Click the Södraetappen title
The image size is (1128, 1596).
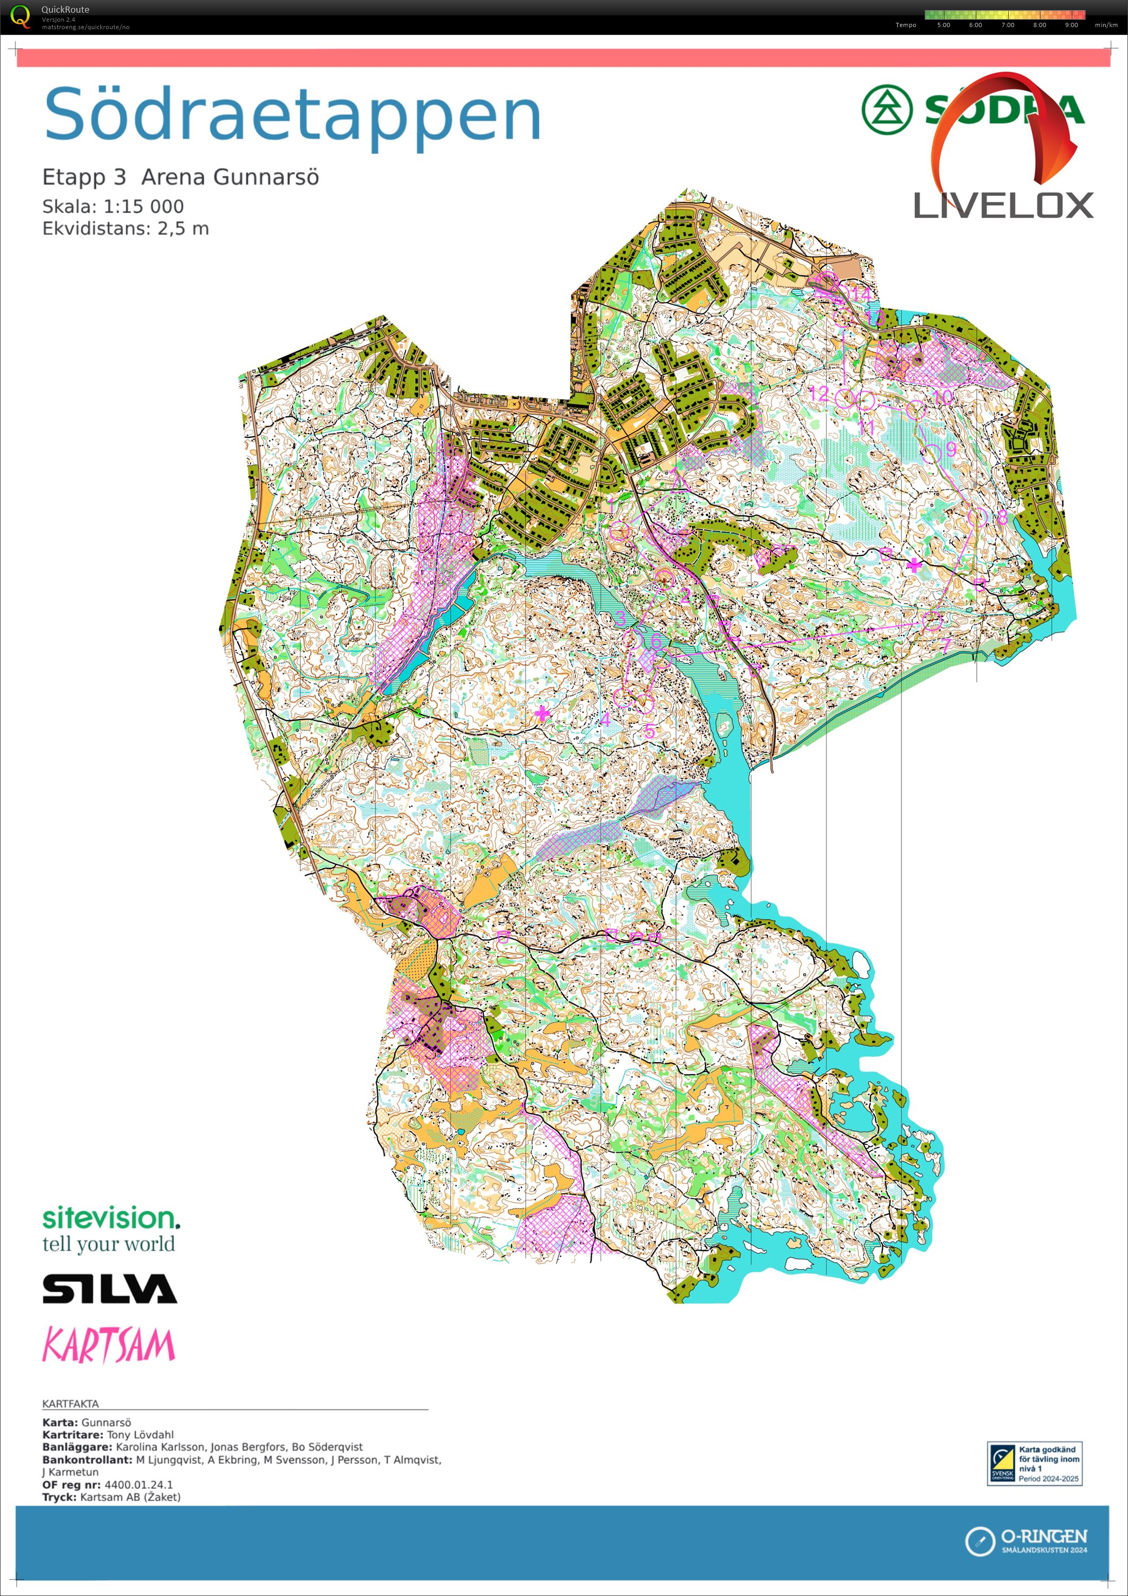pyautogui.click(x=292, y=115)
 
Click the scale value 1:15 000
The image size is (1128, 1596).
pyautogui.click(x=143, y=206)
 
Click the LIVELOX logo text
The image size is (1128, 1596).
pyautogui.click(x=1002, y=206)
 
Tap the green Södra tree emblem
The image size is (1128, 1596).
pyautogui.click(x=886, y=109)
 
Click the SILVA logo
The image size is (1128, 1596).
pyautogui.click(x=110, y=1288)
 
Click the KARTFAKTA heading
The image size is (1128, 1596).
pyautogui.click(x=70, y=1403)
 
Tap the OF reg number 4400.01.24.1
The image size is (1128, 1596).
pyautogui.click(x=138, y=1485)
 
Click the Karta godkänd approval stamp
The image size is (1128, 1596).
pyautogui.click(x=1034, y=1463)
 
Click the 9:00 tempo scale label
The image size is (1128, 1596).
pyautogui.click(x=1071, y=25)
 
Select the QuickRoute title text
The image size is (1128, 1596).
pyautogui.click(x=65, y=9)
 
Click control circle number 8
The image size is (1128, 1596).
pyautogui.click(x=977, y=516)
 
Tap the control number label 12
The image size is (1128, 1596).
pyautogui.click(x=819, y=394)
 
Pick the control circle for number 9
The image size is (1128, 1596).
pyautogui.click(x=931, y=453)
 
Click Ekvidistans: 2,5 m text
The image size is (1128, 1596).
pyautogui.click(x=125, y=229)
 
